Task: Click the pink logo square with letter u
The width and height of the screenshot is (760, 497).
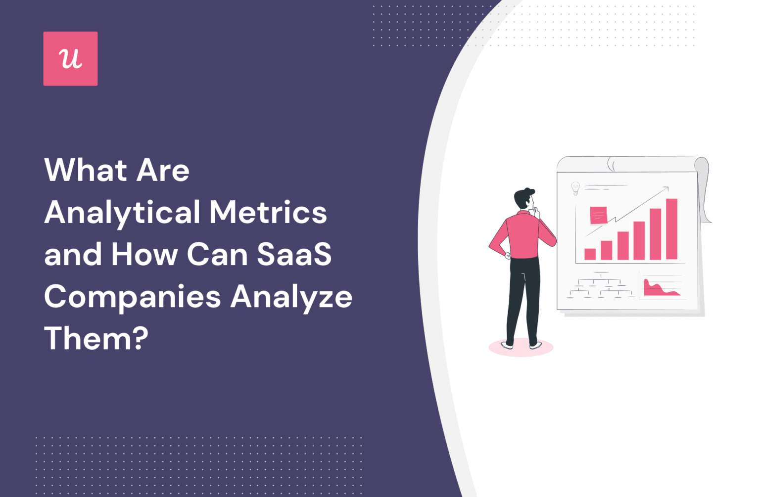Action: click(70, 59)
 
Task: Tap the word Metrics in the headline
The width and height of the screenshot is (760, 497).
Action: click(268, 213)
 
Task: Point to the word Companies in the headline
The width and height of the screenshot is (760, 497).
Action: click(132, 297)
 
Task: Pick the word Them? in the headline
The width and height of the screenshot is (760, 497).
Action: click(96, 339)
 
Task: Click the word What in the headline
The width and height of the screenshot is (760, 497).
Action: click(86, 171)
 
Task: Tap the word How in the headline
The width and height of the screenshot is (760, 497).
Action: click(144, 255)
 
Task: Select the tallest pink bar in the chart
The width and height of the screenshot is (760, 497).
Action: click(671, 229)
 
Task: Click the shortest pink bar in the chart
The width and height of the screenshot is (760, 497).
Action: click(590, 254)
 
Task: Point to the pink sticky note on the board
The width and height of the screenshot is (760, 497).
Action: click(598, 216)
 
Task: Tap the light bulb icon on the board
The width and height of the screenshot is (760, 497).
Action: click(575, 188)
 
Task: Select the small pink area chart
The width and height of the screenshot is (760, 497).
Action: click(660, 289)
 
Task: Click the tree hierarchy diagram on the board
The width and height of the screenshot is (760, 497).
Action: click(601, 287)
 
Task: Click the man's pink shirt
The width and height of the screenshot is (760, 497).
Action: click(523, 235)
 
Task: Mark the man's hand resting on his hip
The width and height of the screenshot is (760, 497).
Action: click(507, 255)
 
